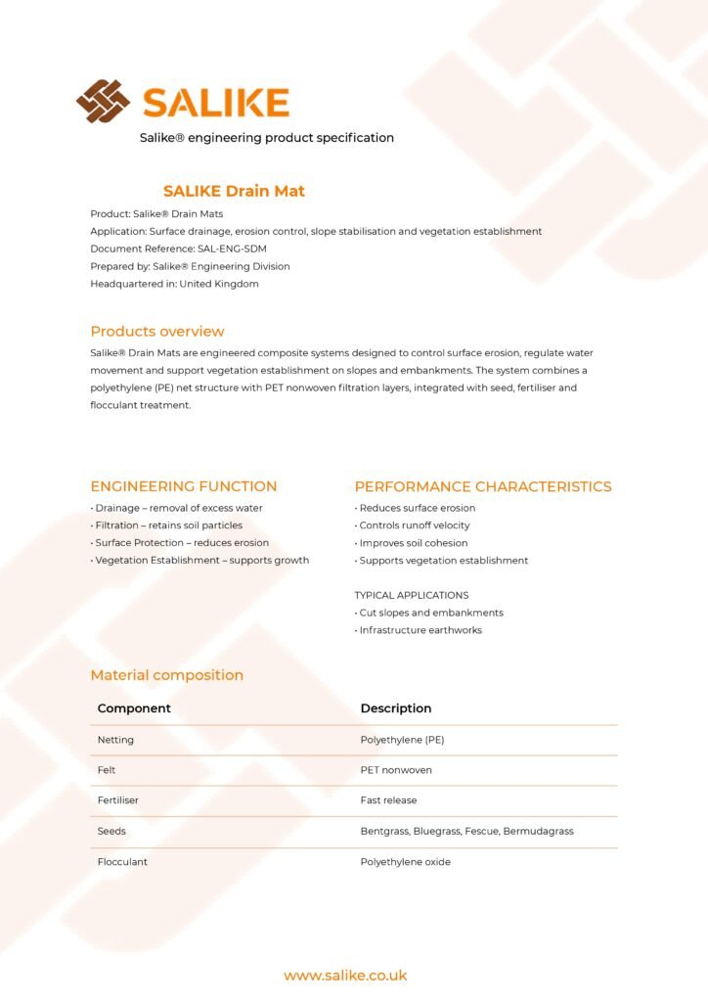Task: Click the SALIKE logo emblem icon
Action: [x=103, y=101]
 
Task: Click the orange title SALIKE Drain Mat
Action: [x=234, y=191]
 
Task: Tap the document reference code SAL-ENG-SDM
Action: [x=232, y=249]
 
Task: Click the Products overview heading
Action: [x=157, y=331]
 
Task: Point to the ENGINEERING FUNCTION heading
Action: [x=184, y=486]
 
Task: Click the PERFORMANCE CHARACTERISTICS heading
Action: [x=483, y=486]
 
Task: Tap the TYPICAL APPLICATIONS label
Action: [x=412, y=595]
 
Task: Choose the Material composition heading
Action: [x=167, y=675]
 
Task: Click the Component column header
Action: [x=134, y=708]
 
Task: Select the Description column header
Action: [x=396, y=708]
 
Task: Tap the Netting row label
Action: [x=115, y=740]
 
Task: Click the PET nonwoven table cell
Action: [x=396, y=770]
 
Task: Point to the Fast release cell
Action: [x=388, y=800]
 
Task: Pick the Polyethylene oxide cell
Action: [x=406, y=862]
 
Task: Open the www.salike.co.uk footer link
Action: [x=345, y=976]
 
